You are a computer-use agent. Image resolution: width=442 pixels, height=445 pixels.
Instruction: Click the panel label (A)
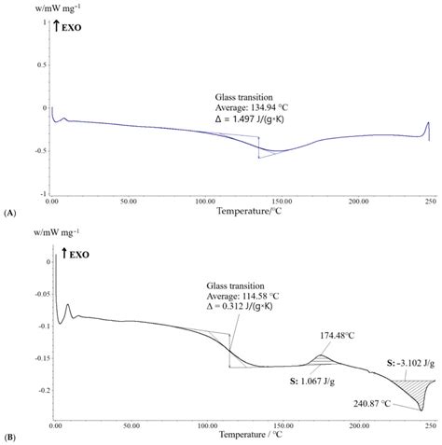[10, 214]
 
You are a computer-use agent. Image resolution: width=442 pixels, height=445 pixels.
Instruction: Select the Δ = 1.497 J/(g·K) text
[252, 119]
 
